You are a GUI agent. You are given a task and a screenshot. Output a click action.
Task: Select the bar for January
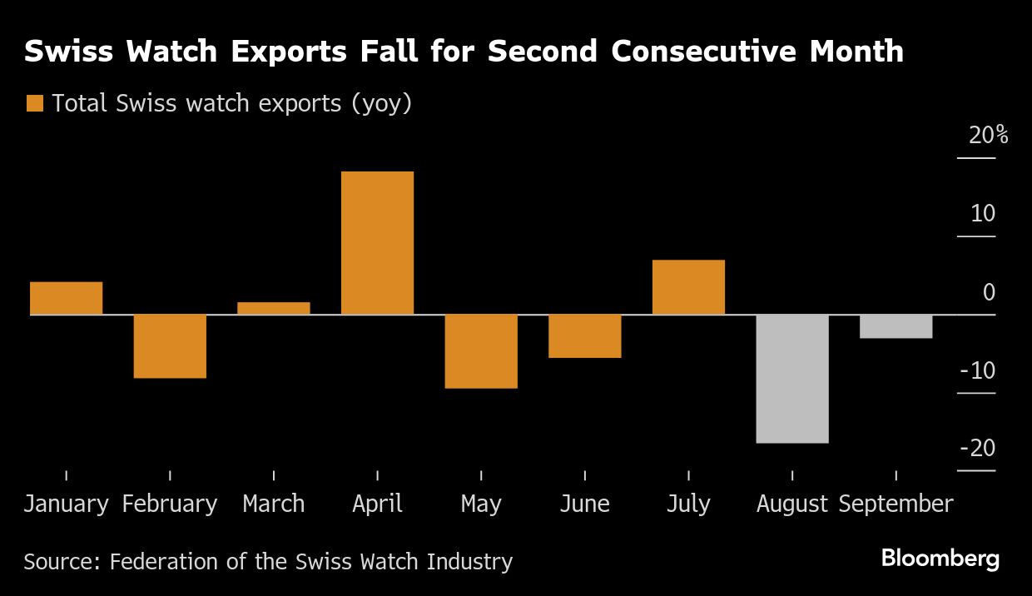[66, 298]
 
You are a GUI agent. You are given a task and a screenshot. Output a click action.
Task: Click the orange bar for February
[170, 346]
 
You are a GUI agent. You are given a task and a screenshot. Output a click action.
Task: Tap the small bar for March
[274, 308]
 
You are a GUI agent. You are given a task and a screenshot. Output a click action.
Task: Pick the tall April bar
[377, 243]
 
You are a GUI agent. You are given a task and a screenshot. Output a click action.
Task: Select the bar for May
[481, 351]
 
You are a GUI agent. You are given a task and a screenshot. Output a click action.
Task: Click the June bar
[584, 336]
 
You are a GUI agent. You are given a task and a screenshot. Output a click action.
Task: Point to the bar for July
[688, 287]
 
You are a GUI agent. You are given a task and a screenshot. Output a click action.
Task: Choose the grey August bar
[792, 379]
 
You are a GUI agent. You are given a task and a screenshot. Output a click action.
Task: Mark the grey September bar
[896, 326]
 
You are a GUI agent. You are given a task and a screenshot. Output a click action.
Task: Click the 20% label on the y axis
[988, 135]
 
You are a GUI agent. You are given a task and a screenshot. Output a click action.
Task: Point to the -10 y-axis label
[977, 370]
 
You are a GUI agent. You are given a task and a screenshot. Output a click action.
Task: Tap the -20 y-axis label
[977, 449]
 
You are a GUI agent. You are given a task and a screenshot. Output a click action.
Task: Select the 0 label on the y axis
[989, 292]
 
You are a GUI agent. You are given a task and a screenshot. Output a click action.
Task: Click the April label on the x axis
[377, 504]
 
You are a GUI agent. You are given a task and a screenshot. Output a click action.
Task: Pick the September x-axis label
[896, 504]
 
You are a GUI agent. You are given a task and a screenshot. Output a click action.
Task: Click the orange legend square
[34, 103]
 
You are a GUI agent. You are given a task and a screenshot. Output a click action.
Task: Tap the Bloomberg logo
[940, 559]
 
